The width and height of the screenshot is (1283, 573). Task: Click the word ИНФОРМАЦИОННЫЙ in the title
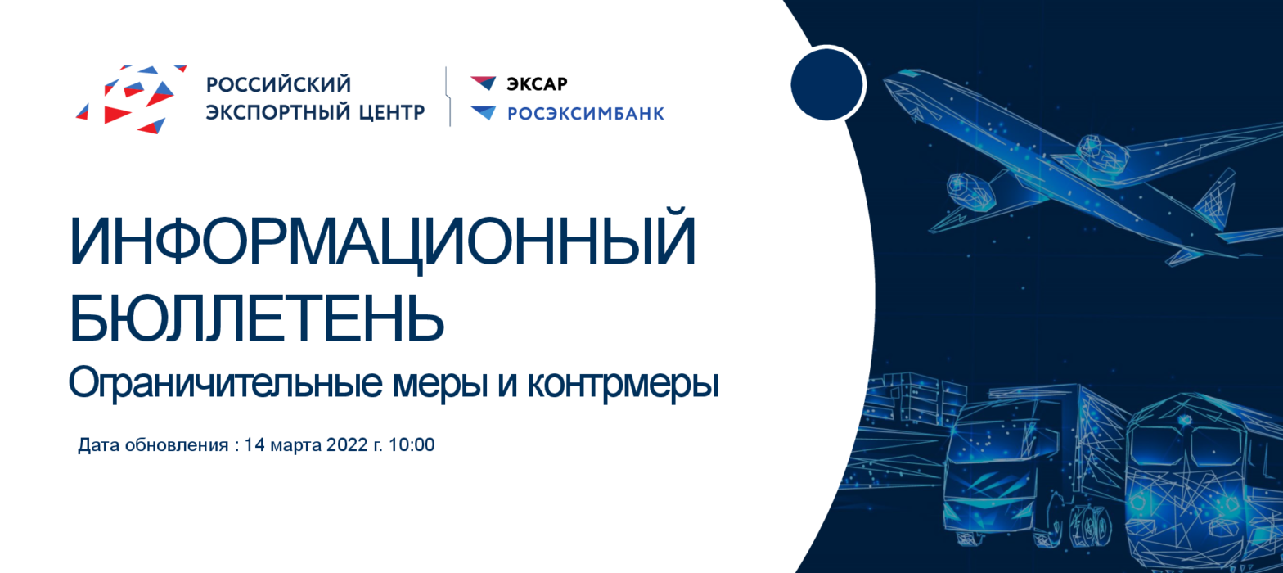pyautogui.click(x=383, y=241)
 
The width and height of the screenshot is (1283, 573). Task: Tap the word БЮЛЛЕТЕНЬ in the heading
pyautogui.click(x=257, y=318)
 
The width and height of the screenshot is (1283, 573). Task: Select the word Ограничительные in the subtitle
pyautogui.click(x=225, y=384)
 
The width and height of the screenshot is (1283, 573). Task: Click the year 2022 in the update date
pyautogui.click(x=347, y=444)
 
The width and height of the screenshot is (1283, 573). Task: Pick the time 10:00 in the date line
pyautogui.click(x=412, y=444)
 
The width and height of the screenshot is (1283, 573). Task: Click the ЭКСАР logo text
pyautogui.click(x=537, y=84)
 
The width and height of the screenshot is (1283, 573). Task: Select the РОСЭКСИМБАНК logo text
pyautogui.click(x=586, y=114)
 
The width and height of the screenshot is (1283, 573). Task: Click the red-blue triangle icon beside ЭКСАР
pyautogui.click(x=483, y=83)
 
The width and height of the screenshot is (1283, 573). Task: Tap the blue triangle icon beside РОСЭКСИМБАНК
pyautogui.click(x=483, y=112)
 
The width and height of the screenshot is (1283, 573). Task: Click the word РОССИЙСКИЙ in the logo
pyautogui.click(x=278, y=83)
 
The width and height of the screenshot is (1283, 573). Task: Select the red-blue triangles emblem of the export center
pyautogui.click(x=131, y=98)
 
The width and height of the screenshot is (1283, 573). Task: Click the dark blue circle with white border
pyautogui.click(x=827, y=84)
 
